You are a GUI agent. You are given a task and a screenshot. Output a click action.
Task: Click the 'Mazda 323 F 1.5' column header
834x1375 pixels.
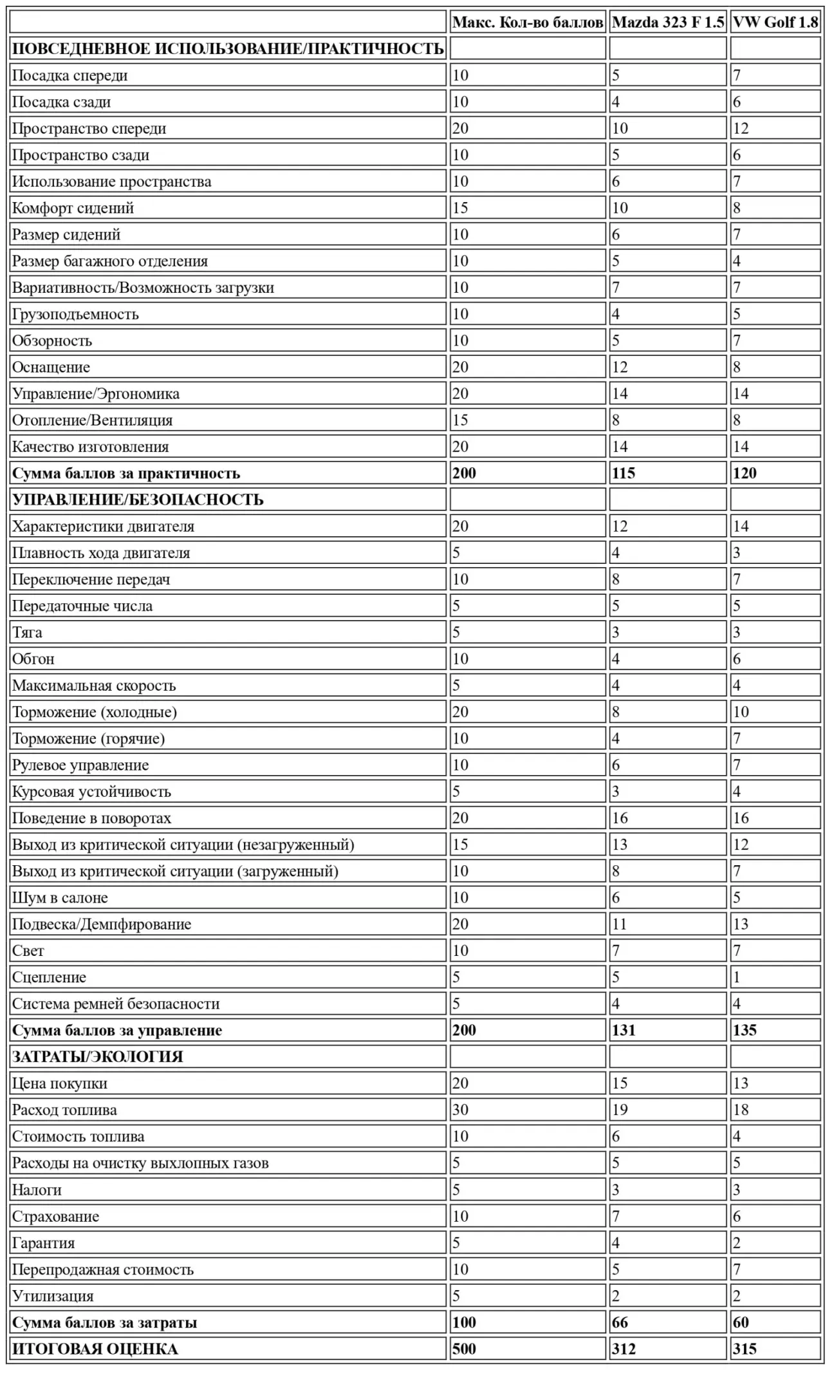click(667, 23)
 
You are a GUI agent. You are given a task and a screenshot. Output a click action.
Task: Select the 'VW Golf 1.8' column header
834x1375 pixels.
click(775, 23)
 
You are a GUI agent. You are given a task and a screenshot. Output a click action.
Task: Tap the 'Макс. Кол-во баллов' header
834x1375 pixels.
click(528, 23)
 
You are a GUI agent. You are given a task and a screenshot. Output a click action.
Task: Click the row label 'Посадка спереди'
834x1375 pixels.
click(70, 75)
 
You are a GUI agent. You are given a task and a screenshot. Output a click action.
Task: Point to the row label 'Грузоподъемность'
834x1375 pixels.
click(75, 314)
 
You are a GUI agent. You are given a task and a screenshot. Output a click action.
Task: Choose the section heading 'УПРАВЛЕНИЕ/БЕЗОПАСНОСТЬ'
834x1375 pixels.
click(138, 500)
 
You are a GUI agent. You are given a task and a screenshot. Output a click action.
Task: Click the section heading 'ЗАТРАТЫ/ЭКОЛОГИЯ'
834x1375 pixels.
click(98, 1056)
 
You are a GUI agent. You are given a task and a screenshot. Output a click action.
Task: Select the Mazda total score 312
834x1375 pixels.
click(624, 1348)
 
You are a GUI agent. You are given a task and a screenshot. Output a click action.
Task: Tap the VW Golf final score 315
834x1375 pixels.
click(745, 1348)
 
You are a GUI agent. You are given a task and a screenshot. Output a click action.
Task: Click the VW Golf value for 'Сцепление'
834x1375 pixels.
click(737, 977)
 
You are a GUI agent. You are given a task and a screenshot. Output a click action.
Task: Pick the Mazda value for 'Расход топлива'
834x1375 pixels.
click(620, 1109)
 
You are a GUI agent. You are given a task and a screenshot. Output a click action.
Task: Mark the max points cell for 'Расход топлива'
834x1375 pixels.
click(460, 1109)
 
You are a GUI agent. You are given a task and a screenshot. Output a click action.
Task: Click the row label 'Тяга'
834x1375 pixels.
click(27, 632)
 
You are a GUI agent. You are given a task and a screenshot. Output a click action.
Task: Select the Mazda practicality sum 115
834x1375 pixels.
click(624, 473)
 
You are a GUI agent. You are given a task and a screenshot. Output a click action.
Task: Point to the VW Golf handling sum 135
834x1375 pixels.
click(745, 1030)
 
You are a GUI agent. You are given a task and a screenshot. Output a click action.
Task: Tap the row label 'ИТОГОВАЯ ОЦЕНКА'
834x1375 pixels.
click(95, 1348)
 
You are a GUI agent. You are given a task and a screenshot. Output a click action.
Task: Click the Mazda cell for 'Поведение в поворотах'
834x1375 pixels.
click(620, 818)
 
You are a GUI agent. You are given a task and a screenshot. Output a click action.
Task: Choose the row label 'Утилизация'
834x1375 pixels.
click(53, 1295)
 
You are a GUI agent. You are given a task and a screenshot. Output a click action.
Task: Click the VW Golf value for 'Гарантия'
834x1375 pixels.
click(737, 1242)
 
